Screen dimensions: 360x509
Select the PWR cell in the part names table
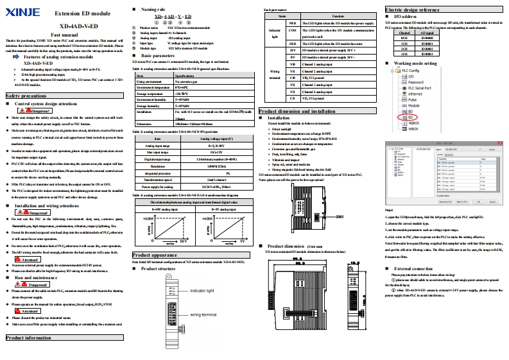(291, 22)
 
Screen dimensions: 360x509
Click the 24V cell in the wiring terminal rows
(291, 49)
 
